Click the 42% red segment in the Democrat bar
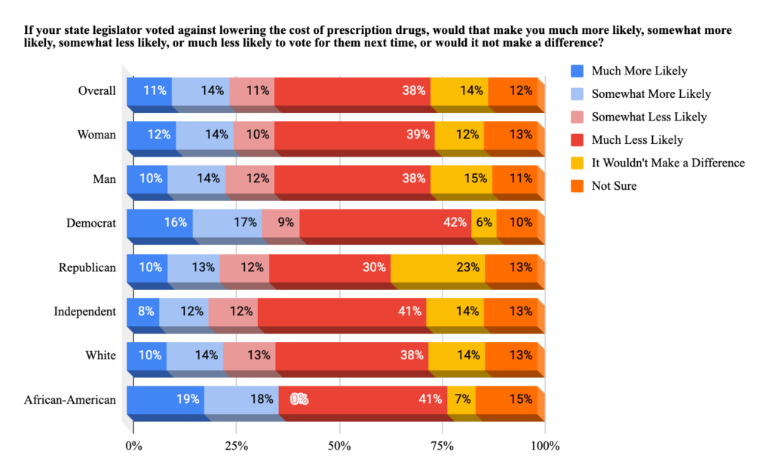385,223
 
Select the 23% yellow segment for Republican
437,267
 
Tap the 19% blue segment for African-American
165,399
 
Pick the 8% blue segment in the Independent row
142,311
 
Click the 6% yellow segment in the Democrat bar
483,223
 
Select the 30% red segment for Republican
329,267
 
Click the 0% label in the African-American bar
299,400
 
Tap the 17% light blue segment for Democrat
227,223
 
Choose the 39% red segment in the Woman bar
354,135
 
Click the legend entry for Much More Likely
639,72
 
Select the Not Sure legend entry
614,185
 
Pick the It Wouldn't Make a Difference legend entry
668,163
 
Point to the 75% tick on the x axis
442,446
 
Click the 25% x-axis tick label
237,446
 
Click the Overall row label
96,90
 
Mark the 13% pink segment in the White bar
249,355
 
